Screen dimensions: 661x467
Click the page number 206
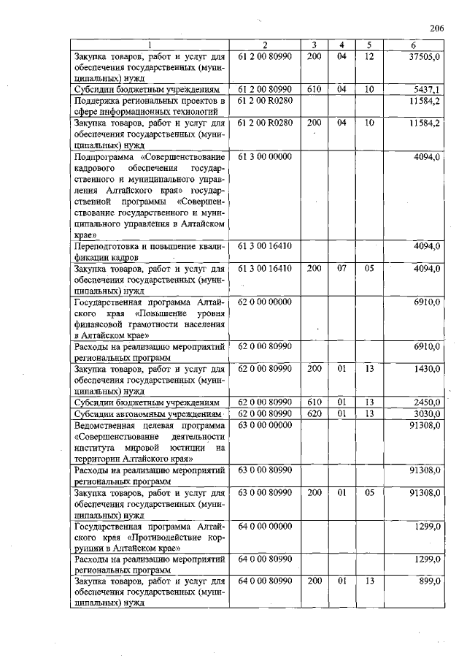click(x=437, y=28)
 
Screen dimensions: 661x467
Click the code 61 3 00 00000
click(x=265, y=156)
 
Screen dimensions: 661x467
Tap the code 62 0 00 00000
click(x=265, y=302)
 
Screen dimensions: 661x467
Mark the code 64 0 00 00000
click(x=265, y=526)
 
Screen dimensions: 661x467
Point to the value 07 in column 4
click(x=341, y=269)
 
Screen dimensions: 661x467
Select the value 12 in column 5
click(x=369, y=56)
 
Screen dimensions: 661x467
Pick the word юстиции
click(x=183, y=448)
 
